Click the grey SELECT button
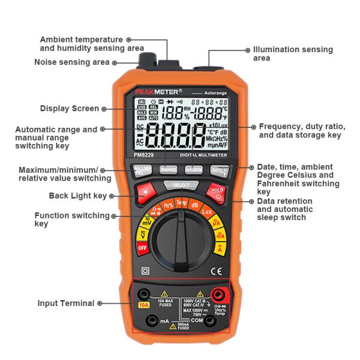[x=181, y=185]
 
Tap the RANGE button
[x=169, y=170]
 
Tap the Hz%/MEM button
[x=193, y=170]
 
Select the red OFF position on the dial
[x=143, y=247]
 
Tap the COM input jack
[x=210, y=320]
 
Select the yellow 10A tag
[x=144, y=305]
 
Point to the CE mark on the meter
[x=218, y=270]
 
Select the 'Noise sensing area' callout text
[x=71, y=62]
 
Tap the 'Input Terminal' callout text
[x=66, y=304]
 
